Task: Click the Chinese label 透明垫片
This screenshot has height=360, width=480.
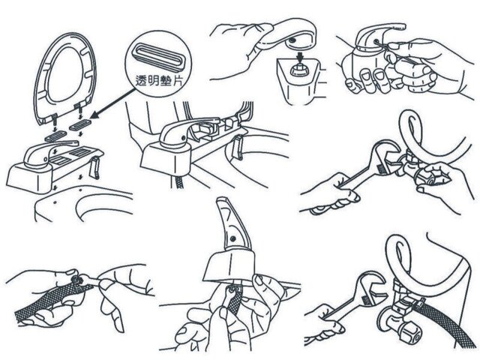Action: (x=159, y=80)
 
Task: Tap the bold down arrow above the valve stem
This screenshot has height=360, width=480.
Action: (x=300, y=57)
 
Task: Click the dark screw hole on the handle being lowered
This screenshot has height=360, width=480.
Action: (x=292, y=40)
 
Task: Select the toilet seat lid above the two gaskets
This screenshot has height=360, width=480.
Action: (x=64, y=81)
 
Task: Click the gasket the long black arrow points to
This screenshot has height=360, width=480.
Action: (x=80, y=124)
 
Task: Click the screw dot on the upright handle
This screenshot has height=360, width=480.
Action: (x=233, y=238)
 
